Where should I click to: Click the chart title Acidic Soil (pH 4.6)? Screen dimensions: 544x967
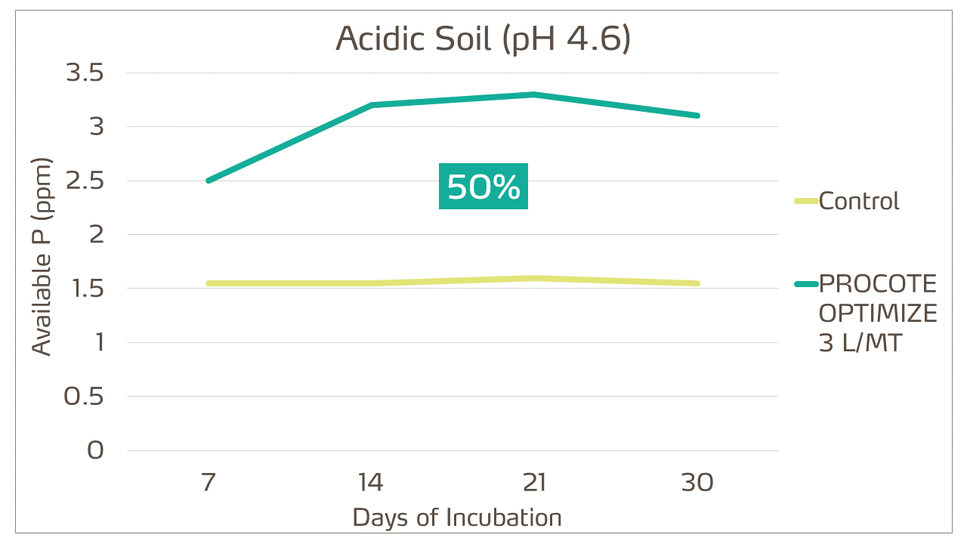coord(483,39)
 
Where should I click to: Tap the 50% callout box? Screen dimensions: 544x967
coord(483,186)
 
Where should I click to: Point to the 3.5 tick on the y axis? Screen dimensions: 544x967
coord(85,73)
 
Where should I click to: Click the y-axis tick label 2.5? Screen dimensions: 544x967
coord(85,181)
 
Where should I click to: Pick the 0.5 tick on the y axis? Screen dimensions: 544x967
coord(83,397)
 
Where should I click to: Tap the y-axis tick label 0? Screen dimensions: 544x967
coord(95,450)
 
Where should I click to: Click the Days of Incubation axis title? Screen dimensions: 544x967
coord(457,518)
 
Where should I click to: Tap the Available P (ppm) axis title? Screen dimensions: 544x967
coord(42,257)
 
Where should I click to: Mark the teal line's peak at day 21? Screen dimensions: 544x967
coord(534,94)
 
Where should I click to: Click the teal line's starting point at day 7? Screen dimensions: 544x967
coord(209,181)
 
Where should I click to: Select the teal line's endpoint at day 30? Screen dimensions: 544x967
coord(697,116)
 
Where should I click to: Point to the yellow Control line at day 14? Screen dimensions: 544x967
coord(371,283)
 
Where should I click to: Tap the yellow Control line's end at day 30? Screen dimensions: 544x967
coord(697,283)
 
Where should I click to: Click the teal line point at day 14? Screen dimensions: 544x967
coord(371,105)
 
